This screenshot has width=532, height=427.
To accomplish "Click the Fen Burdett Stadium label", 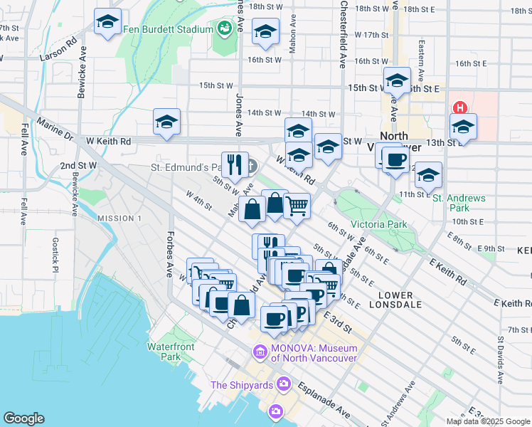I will click(177, 30).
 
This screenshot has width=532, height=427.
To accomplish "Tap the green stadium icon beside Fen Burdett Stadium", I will click(226, 29).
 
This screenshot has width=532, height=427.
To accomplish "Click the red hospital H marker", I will click(460, 109).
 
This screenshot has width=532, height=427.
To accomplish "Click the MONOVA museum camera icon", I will click(260, 351).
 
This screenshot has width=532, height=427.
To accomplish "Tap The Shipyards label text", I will click(243, 385).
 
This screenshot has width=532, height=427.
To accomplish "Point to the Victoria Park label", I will click(378, 224).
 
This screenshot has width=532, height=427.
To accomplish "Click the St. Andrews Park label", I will click(459, 203).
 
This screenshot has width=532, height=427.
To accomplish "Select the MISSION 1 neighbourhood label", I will click(119, 218).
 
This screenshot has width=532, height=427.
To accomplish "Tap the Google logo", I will click(23, 418).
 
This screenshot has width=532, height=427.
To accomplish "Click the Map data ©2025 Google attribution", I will click(487, 421).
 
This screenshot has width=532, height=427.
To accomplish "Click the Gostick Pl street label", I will click(55, 254).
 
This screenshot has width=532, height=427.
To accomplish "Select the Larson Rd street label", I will click(58, 50).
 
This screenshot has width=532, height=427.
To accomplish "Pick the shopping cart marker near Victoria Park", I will click(297, 206).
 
